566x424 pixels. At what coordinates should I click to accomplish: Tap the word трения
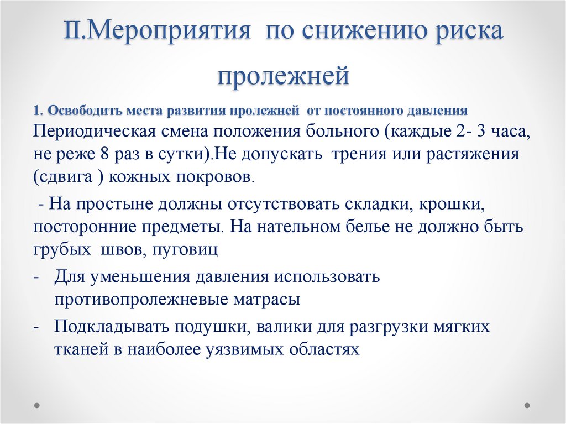coord(360,154)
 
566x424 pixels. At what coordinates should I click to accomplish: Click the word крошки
coord(452,205)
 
